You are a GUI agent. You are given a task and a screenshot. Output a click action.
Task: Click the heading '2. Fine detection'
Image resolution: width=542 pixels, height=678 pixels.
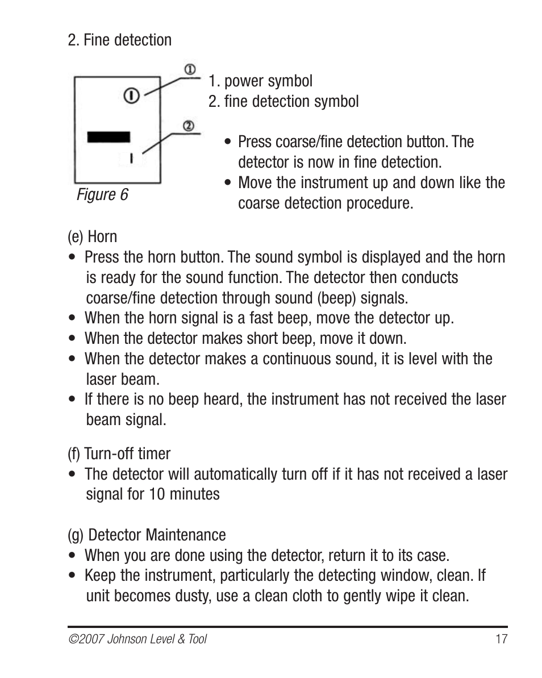point(119,40)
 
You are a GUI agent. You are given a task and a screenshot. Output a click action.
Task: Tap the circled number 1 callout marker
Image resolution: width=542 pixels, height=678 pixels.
point(190,69)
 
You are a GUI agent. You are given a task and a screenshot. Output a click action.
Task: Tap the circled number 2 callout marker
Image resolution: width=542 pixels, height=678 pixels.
point(189,126)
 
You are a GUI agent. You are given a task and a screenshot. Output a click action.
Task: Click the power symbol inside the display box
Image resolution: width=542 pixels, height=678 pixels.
point(131,95)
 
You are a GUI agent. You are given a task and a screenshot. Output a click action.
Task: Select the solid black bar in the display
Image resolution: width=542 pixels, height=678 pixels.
point(109,137)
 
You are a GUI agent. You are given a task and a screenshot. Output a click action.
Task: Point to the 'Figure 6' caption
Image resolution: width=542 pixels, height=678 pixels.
point(103,195)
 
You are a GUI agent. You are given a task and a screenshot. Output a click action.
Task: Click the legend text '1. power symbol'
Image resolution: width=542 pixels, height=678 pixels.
point(260,81)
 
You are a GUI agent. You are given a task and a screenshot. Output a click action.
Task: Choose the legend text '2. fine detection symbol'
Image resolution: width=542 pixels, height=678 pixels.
point(283,102)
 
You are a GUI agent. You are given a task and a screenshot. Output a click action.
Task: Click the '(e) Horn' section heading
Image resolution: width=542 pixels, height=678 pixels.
point(92,236)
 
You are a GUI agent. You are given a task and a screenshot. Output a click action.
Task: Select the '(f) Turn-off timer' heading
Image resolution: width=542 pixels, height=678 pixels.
point(119,454)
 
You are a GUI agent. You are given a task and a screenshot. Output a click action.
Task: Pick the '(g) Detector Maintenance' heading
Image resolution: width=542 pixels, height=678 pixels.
point(147,535)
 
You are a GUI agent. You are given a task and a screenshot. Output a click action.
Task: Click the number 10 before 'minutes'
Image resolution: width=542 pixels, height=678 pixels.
point(158,494)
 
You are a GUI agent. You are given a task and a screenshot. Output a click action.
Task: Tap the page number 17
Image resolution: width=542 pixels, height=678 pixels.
point(501,639)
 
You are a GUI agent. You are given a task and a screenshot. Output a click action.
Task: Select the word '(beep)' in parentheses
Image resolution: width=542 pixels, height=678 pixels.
point(337,298)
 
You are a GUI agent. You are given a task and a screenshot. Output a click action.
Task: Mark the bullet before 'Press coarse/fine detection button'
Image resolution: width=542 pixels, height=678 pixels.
point(228,142)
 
